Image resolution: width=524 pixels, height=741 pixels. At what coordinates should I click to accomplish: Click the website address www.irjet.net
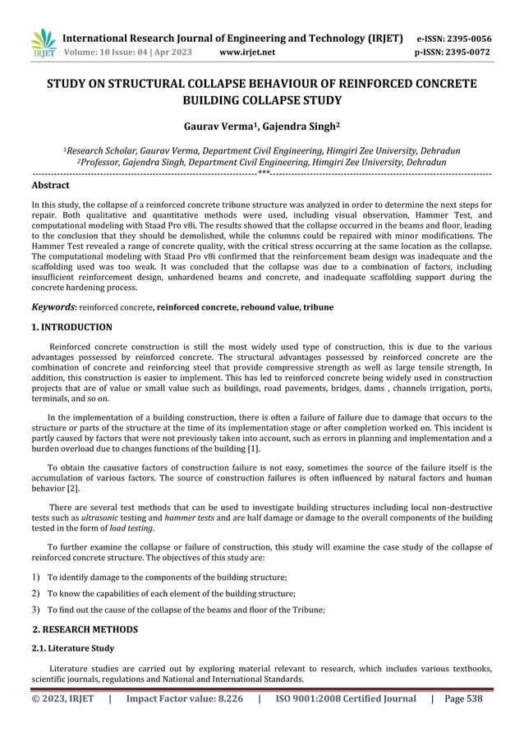[x=248, y=53]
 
